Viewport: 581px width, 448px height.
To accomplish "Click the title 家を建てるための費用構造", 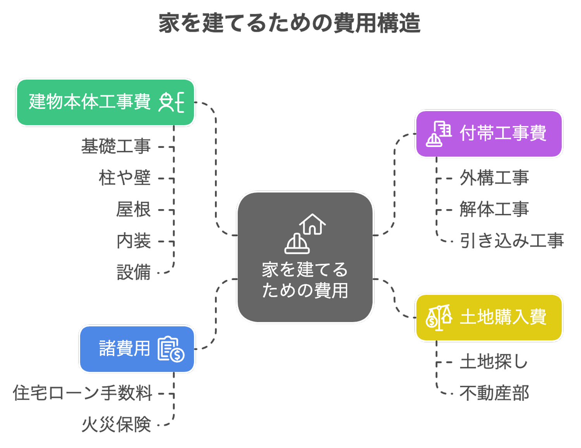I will tap(289, 24).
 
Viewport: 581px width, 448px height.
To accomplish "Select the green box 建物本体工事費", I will tap(90, 102).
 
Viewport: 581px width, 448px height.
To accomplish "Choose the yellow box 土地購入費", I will tap(503, 317).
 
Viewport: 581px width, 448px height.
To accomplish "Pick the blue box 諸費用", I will tap(124, 348).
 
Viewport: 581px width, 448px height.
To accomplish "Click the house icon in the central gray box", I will tap(312, 224).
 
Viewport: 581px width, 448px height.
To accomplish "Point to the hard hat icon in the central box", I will tap(297, 244).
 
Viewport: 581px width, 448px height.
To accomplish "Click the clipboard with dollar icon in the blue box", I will tap(171, 349).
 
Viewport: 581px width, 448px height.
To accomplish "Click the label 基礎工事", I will tap(116, 147).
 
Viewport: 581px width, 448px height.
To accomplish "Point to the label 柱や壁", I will tap(124, 178).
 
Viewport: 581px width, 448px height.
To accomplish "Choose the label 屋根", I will tap(133, 209).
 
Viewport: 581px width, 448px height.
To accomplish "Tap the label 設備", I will tap(133, 272).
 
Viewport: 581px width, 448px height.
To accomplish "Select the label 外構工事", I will tap(494, 178).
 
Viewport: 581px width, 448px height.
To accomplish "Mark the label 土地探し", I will tap(494, 362).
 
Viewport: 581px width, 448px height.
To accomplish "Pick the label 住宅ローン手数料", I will tap(83, 393).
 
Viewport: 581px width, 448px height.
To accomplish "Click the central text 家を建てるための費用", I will tap(305, 280).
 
